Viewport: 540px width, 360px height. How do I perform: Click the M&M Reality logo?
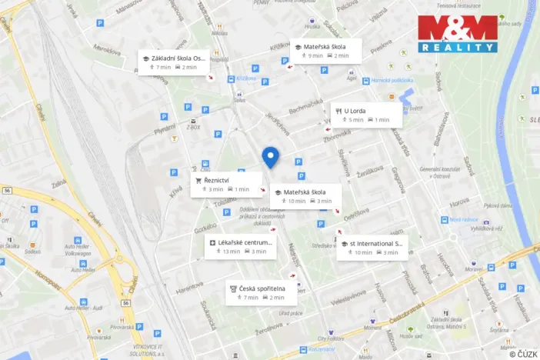458,34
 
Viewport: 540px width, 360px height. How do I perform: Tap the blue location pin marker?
270,157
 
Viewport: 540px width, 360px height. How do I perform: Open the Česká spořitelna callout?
259,292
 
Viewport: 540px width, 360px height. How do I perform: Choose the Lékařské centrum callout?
241,246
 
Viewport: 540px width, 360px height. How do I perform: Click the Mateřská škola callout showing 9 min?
322,51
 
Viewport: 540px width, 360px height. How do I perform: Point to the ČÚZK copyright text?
523,354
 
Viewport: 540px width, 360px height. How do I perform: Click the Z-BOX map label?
192,128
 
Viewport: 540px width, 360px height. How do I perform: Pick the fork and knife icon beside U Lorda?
338,111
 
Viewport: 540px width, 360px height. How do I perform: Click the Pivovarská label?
99,337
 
